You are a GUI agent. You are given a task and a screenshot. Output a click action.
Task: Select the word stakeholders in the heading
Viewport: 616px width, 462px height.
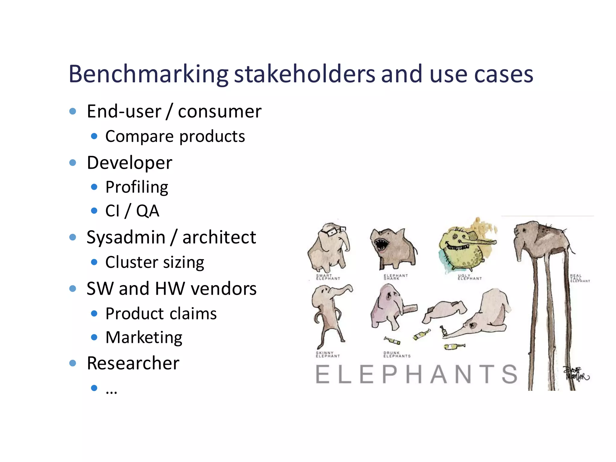[x=304, y=74]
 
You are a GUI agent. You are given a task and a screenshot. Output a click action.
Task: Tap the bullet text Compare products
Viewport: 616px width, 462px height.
[x=175, y=137]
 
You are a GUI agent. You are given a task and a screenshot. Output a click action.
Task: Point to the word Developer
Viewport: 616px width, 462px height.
[x=129, y=163]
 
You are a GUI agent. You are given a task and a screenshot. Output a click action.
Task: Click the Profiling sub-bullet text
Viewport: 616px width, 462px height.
[x=137, y=187]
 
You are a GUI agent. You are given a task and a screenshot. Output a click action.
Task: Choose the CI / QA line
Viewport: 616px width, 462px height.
[x=132, y=211]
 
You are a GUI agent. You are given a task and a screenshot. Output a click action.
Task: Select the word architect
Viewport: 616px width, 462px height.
[x=219, y=237]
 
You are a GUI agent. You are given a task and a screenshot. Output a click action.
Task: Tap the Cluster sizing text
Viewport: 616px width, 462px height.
[x=155, y=262]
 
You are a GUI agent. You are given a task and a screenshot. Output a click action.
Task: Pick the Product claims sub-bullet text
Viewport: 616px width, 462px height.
[x=161, y=314]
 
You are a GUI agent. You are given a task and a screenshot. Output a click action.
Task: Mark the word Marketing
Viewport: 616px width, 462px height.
[x=144, y=337]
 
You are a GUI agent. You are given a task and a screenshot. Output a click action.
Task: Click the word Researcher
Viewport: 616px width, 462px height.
[x=133, y=363]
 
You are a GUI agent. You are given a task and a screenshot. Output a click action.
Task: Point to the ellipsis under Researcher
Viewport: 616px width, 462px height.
[x=111, y=391]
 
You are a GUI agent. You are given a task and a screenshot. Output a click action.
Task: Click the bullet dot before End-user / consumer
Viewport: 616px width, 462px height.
[x=73, y=112]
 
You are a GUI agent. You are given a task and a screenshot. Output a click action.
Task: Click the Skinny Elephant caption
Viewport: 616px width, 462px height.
[x=328, y=355]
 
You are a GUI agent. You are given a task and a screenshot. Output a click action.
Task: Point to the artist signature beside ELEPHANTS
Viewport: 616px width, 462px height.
[x=576, y=374]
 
